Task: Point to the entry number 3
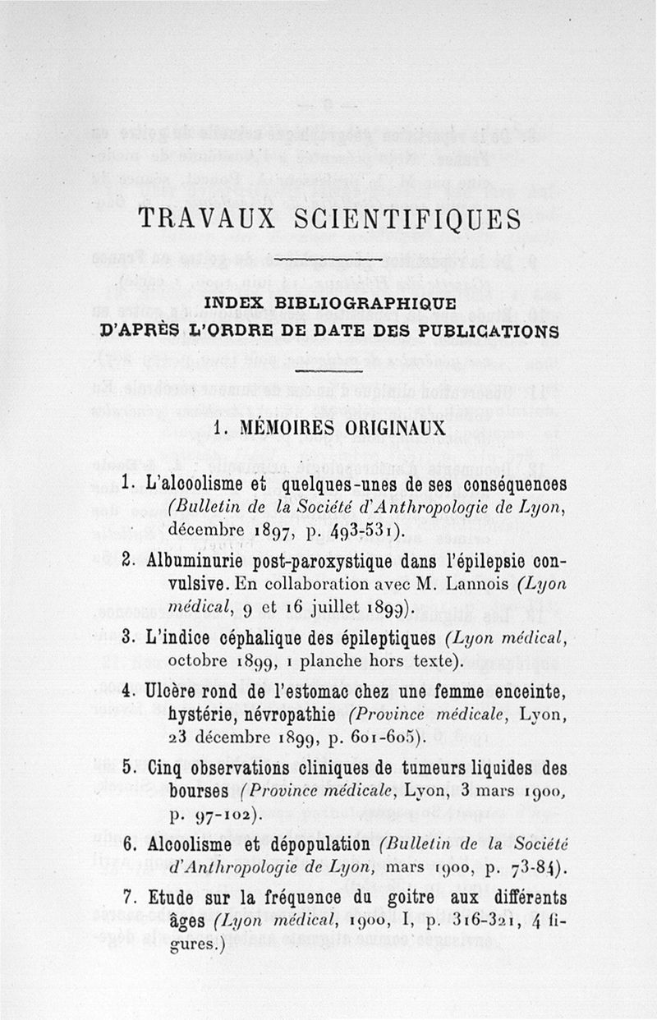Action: [x=126, y=637]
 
